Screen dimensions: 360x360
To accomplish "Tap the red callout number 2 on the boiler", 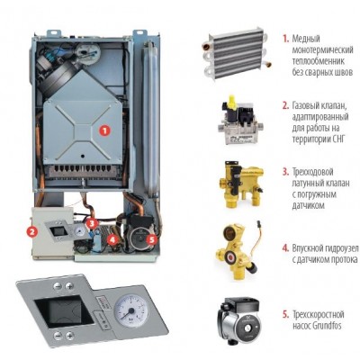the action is (31, 231).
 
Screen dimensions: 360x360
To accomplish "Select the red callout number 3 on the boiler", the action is (92, 223).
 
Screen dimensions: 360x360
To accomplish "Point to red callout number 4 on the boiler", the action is (112, 239).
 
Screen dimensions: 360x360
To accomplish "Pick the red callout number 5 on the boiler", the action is (151, 239).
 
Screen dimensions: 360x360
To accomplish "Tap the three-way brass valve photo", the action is (241, 184).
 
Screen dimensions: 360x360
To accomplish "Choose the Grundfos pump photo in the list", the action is (238, 319).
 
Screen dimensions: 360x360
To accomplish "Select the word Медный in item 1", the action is (306, 39).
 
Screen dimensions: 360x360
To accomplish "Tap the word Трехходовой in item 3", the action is (312, 172).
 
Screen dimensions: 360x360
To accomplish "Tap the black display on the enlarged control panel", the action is (63, 313).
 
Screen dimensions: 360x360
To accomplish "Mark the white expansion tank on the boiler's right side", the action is (150, 116).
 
